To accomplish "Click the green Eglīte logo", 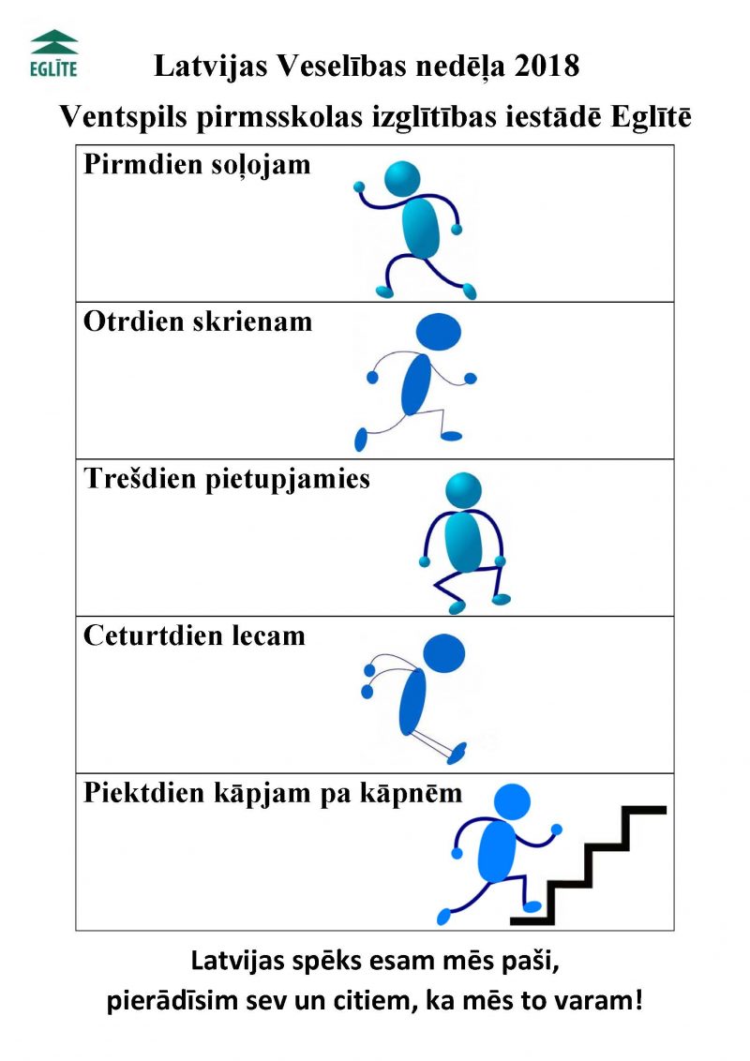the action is [54, 53].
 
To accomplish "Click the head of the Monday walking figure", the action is [402, 179].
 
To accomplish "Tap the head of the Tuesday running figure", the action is [438, 332].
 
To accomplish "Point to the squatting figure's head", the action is [464, 490].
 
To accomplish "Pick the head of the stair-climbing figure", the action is [512, 802].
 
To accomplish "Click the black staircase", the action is [588, 865].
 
